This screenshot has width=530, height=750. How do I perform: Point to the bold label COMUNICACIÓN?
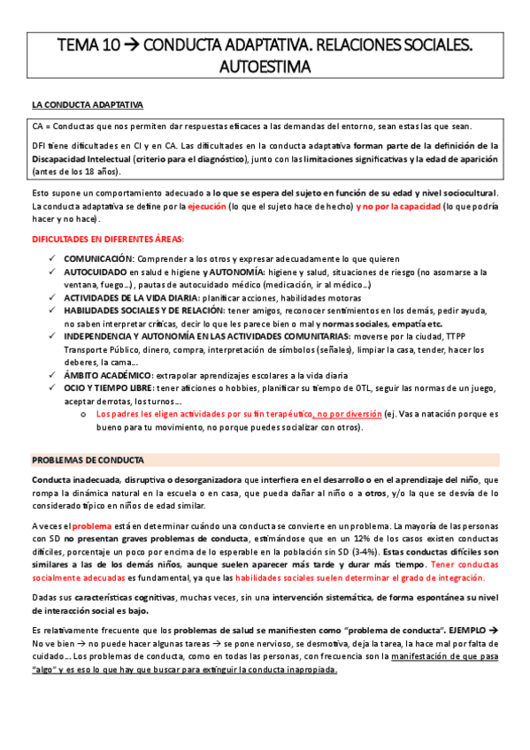point(97,256)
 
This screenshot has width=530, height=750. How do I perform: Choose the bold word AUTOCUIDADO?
point(95,272)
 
